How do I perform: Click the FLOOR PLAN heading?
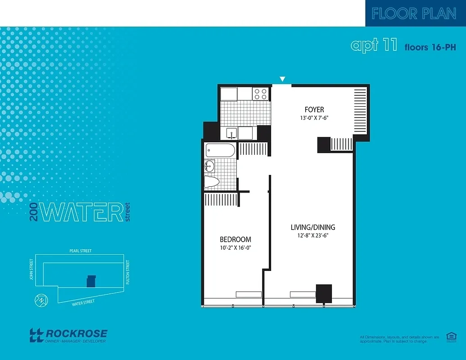point(414,13)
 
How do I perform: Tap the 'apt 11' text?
point(374,45)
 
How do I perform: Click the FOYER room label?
point(314,109)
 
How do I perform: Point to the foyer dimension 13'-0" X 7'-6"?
point(314,119)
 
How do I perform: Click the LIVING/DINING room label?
point(312,227)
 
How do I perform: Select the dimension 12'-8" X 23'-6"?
point(312,236)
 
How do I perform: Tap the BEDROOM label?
point(235,239)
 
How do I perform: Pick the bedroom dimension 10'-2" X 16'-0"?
point(235,248)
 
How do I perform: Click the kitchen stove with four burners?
point(260,94)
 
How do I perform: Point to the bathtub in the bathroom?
point(220,150)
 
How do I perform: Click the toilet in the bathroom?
point(211,182)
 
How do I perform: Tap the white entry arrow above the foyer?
point(282,80)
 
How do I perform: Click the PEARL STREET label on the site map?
point(81,251)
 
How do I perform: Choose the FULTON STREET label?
point(128,272)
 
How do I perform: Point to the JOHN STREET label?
point(31,269)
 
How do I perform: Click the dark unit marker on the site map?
point(91,281)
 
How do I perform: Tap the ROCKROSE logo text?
point(77,334)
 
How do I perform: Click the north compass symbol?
point(41,300)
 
